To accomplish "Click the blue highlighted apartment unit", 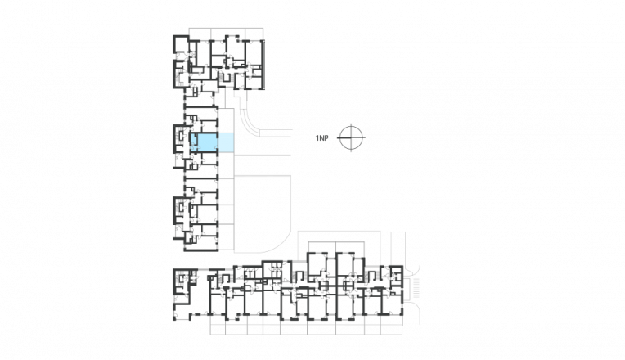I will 204,142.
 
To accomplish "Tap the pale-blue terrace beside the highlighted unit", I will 226,142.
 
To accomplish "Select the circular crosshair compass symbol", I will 350,137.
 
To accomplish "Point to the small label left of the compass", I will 321,137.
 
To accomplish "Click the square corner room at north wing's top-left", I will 180,43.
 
